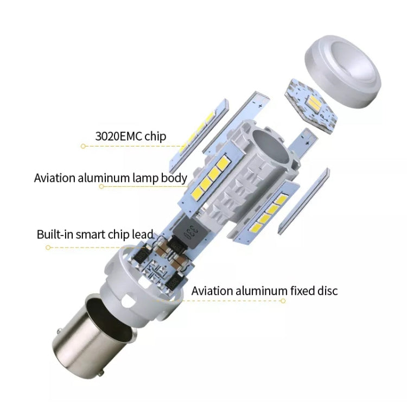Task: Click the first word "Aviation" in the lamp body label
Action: point(57,177)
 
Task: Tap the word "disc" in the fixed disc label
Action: point(325,291)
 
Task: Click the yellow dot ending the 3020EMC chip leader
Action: point(82,146)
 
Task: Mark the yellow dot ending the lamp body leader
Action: point(101,186)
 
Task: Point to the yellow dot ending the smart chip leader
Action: point(48,247)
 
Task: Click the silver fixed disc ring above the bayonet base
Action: point(128,271)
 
